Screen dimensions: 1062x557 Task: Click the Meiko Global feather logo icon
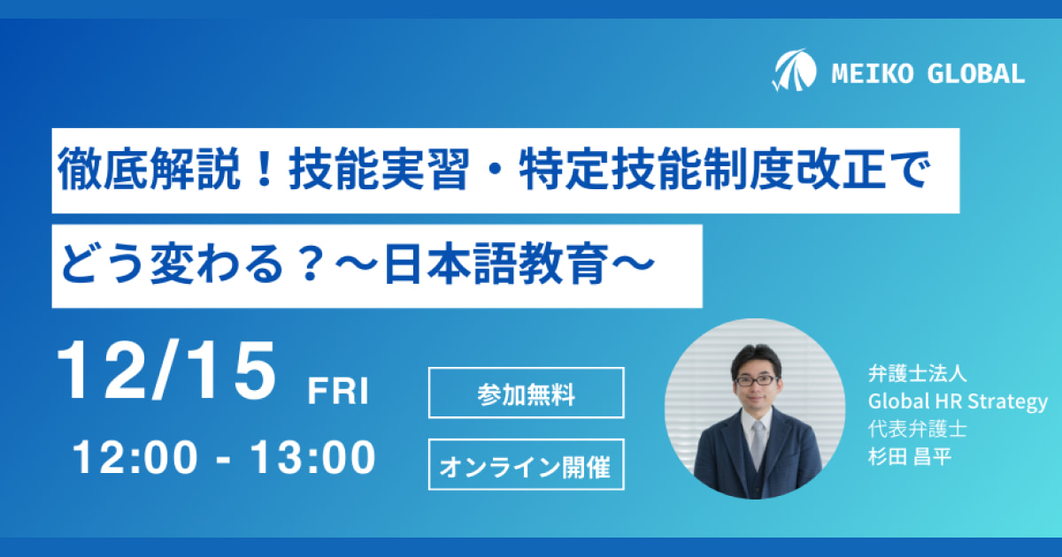795,70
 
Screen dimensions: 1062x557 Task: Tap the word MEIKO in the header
873,74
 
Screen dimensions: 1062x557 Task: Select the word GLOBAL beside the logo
975,74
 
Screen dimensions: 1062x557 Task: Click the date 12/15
166,370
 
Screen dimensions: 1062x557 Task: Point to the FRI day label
338,391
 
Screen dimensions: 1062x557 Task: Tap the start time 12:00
135,457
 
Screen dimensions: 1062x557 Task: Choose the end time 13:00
313,457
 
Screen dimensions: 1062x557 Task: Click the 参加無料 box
527,393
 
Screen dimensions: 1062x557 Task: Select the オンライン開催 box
527,465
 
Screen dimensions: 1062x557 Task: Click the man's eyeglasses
756,380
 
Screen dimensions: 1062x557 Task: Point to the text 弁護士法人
917,374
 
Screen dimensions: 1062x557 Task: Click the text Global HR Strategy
958,401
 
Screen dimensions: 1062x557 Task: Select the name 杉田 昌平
910,457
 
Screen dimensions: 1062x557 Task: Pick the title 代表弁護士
917,429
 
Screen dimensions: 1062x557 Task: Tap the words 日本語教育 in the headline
496,263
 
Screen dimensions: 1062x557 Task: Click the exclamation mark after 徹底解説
264,169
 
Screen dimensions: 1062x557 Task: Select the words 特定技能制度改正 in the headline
702,169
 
